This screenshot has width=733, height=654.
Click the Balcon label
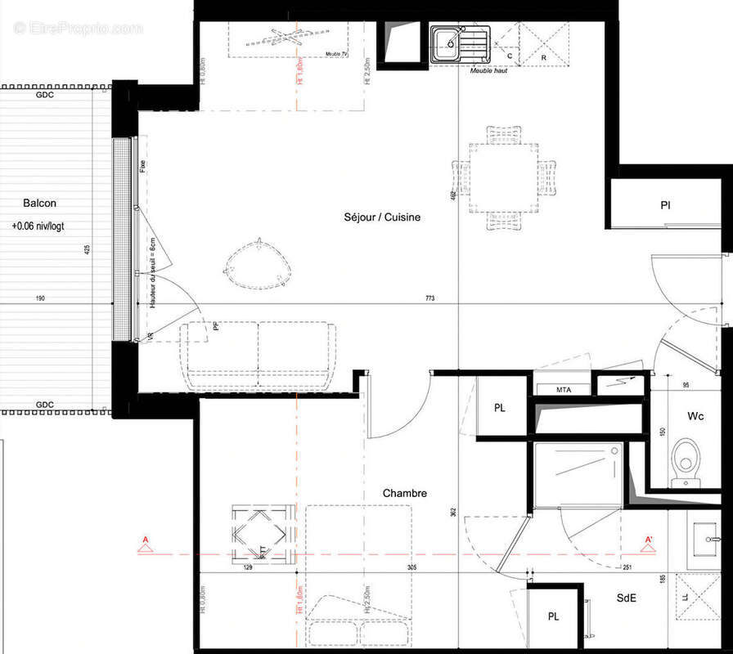pos(39,204)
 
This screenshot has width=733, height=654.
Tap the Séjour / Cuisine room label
pos(383,217)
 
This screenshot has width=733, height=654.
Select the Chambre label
pos(405,494)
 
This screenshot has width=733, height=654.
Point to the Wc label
pos(695,416)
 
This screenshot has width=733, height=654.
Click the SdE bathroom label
pos(627,598)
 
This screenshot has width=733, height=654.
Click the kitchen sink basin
pos(448,43)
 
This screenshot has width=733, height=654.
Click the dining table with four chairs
pos(504,177)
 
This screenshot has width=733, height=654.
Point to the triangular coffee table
pos(258,265)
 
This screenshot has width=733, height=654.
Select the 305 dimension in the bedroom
pos(411,567)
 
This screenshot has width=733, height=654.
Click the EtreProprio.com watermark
pos(78,29)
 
